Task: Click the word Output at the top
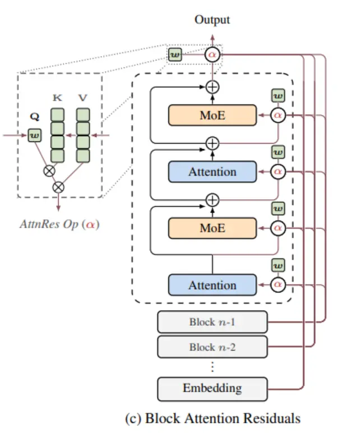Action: (212, 20)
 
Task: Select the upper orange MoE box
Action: (212, 115)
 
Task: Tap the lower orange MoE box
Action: (212, 228)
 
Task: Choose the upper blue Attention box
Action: (212, 172)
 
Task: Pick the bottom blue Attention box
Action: (212, 285)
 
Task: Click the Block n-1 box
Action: (212, 322)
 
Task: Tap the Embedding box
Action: (212, 387)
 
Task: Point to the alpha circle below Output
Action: (212, 54)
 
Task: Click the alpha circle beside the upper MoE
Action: (278, 115)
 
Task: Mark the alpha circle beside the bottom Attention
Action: (278, 285)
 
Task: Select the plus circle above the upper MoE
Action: (212, 86)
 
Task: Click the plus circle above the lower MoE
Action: (212, 199)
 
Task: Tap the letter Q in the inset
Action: (34, 118)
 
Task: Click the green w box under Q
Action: (34, 135)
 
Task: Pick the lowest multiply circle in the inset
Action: (58, 187)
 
